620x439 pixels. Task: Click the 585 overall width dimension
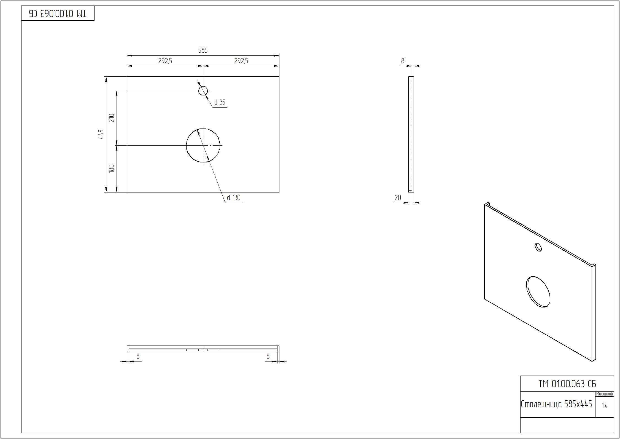coord(203,50)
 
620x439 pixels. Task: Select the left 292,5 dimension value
coord(165,61)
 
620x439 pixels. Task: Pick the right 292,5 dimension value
coord(241,61)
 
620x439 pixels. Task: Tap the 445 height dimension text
coord(101,134)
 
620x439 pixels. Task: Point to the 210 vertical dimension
coord(112,118)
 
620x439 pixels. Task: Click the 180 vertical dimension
coord(112,168)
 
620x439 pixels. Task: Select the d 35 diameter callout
coord(220,102)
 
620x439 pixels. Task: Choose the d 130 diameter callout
coord(234,198)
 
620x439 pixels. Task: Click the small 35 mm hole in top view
coord(203,90)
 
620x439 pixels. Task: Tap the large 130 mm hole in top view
coord(203,145)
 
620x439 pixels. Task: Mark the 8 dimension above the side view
coord(403,61)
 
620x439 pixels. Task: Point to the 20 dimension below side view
coord(398,197)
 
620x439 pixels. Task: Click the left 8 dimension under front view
coord(138,357)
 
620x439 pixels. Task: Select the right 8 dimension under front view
coord(268,357)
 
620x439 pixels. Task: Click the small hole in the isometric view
coord(538,247)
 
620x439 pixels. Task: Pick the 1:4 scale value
coord(605,406)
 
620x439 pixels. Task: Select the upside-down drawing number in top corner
coord(58,13)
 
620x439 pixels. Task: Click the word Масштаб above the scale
coord(605,394)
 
